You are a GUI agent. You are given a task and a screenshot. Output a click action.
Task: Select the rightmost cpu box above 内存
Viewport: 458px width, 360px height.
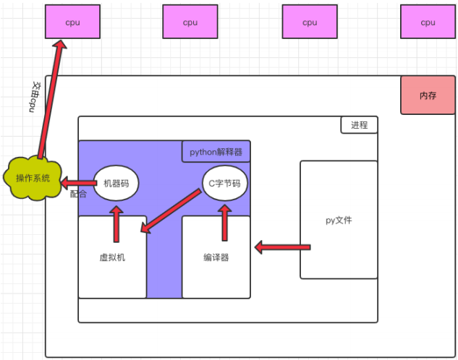coord(428,22)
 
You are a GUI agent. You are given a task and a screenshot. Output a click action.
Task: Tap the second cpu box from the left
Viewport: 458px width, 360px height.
coord(190,22)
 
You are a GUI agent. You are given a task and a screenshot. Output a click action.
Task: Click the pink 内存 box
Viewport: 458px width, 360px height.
coord(428,95)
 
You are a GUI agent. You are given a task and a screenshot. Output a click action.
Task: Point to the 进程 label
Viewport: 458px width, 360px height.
coord(359,125)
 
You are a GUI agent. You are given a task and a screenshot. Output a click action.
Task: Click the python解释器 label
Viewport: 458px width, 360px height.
coord(216,152)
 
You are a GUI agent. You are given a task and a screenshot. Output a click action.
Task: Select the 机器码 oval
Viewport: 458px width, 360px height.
coord(116,184)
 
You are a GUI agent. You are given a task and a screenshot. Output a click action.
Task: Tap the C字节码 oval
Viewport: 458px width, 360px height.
coord(225,184)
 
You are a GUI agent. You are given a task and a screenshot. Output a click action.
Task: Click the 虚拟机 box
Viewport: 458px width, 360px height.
coord(112,257)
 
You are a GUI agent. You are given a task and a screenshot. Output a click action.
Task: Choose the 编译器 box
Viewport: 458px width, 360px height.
coord(217,257)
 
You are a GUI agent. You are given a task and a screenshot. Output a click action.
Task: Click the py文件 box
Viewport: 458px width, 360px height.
coord(339,220)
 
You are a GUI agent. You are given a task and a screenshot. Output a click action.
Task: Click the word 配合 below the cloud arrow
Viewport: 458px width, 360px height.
coord(78,194)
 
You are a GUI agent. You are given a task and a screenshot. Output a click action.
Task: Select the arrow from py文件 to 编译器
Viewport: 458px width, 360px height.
coord(281,248)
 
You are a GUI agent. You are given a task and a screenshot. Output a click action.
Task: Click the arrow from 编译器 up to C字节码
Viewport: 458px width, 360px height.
coord(225,221)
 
